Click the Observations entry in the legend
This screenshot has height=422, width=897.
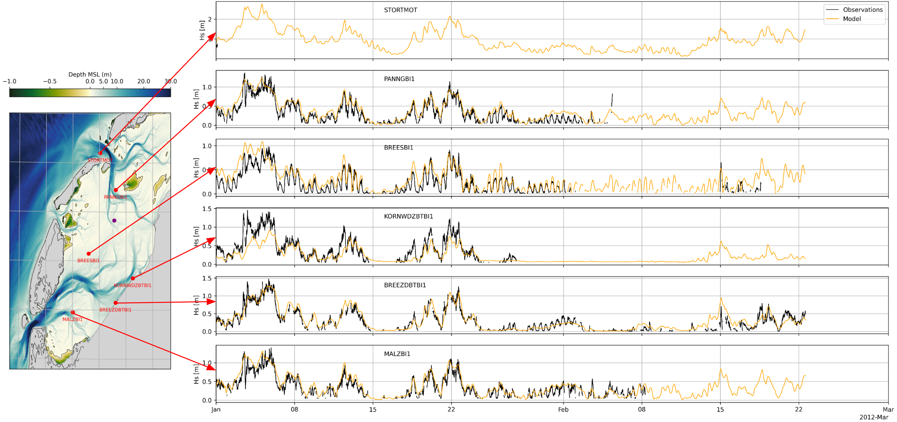862,10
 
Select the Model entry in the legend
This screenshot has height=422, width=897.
852,19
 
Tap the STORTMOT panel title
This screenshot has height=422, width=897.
400,10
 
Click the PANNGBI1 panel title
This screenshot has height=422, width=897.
399,79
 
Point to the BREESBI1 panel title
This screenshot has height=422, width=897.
398,148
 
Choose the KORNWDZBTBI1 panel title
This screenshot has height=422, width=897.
409,216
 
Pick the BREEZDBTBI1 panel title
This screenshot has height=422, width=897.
405,285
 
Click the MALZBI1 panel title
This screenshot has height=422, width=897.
397,354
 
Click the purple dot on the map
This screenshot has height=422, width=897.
114,220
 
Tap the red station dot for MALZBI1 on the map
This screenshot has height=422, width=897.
73,312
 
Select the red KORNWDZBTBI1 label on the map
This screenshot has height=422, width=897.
132,285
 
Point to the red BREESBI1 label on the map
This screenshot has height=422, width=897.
88,260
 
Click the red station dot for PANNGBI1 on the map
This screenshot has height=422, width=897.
116,190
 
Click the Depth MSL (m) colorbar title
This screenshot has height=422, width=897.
90,74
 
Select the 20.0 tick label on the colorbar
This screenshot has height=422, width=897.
143,81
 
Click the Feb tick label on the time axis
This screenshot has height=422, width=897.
563,410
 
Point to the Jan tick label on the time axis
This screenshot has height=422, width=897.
216,410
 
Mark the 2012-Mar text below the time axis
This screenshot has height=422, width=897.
873,417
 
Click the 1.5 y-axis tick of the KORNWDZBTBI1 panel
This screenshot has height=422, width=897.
207,209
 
